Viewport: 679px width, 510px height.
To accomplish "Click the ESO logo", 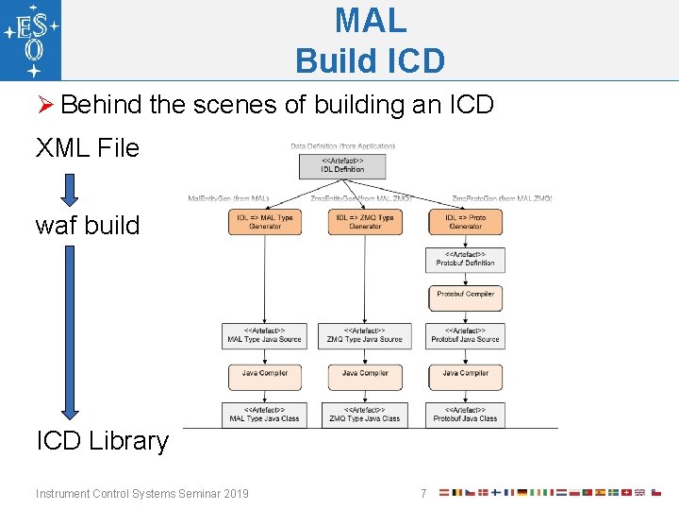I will pos(31,41).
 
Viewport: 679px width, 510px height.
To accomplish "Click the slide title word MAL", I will pos(370,21).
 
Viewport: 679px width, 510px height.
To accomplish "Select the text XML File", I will pos(87,148).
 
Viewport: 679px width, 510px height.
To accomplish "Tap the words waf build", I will pos(87,226).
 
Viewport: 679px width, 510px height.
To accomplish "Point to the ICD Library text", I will pos(102,441).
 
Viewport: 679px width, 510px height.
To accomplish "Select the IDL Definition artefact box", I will pos(341,165).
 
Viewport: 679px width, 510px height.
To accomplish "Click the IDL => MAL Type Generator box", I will pos(265,222).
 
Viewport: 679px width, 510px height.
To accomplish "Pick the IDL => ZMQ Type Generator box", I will pos(365,222).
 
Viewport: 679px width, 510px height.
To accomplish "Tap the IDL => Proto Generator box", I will pos(465,222).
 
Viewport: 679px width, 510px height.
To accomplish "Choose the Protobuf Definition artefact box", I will pos(465,260).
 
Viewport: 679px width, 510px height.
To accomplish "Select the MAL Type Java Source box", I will pos(265,335).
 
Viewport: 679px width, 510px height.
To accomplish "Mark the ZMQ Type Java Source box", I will pos(365,335).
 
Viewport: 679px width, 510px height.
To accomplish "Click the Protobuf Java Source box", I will pos(465,335).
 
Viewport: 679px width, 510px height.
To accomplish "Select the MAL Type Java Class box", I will pos(265,415).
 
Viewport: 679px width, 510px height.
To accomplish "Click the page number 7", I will pos(423,493).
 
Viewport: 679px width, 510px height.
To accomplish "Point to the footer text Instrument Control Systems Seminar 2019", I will pos(142,493).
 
